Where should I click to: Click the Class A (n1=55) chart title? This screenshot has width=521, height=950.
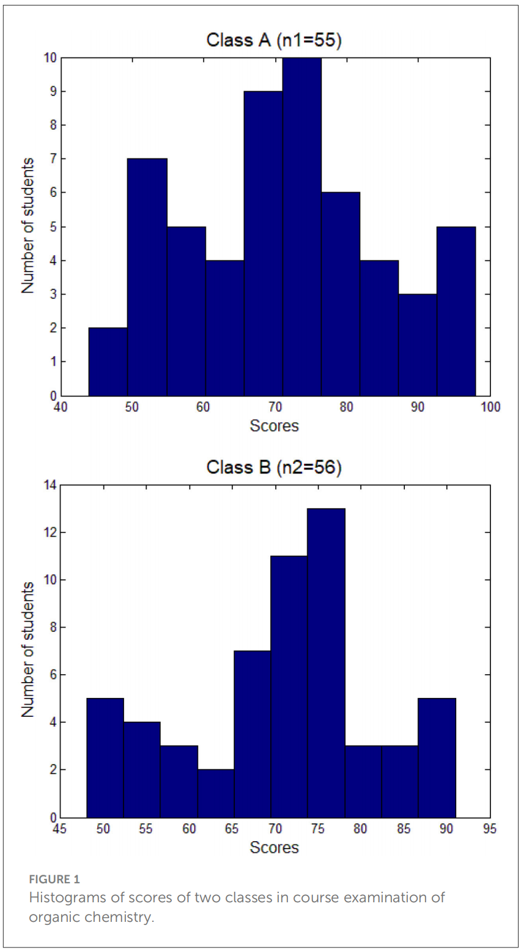coord(274,40)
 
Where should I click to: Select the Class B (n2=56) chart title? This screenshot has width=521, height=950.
coord(274,467)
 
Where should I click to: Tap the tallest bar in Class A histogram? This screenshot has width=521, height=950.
coord(301,226)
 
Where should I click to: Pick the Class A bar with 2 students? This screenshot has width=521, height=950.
coord(108,362)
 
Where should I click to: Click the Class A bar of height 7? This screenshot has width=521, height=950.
coord(147,277)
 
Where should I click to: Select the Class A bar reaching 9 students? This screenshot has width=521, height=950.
coord(263,243)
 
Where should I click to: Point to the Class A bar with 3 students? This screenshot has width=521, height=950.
coord(418,345)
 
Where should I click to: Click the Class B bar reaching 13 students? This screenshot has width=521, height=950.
coord(326,663)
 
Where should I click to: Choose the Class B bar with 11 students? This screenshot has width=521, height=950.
coord(289,686)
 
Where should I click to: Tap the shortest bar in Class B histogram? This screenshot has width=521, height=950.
coord(216,793)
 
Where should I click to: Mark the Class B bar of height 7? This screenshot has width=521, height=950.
coord(252,734)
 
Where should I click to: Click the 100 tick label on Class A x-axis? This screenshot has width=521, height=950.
coord(489,407)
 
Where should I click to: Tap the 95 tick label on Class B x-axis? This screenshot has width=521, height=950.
coord(489,829)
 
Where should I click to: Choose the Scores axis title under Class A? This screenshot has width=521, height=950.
coord(274,425)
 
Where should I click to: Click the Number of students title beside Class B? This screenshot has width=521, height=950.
coord(28,650)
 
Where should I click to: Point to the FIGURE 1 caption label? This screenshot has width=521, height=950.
coord(54,880)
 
